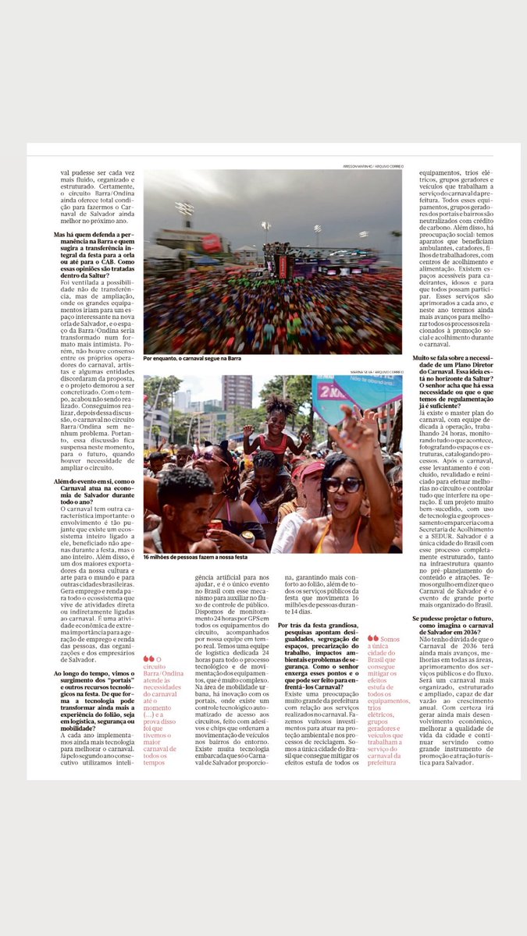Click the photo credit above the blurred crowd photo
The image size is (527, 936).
click(x=372, y=166)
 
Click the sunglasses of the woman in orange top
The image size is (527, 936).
click(x=344, y=484)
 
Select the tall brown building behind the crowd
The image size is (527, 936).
click(x=237, y=394)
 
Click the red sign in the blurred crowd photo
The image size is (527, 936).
click(x=212, y=243)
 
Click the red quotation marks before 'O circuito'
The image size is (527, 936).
click(x=148, y=658)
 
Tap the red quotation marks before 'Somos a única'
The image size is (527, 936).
click(x=372, y=637)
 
